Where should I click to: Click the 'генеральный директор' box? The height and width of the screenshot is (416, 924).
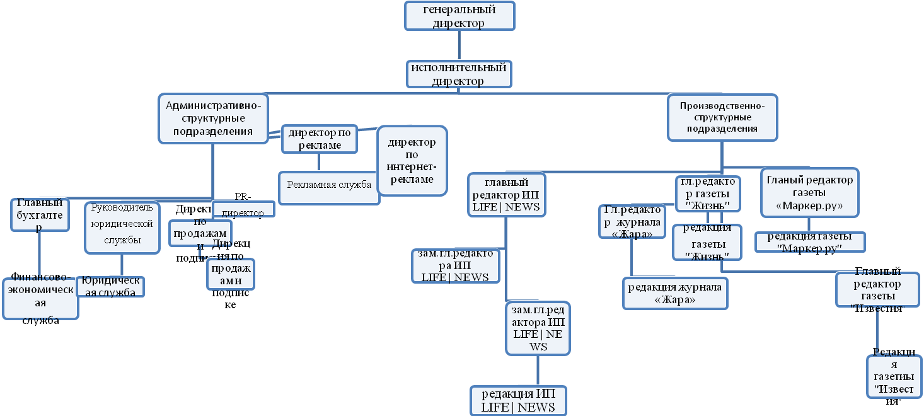pos(459,16)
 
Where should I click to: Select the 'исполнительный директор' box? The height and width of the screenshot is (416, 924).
pos(458,74)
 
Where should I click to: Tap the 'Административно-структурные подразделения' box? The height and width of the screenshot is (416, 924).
pos(212,118)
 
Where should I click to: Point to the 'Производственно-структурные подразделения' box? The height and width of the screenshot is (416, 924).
pos(722,117)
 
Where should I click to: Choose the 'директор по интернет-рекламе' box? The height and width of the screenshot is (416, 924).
pos(412,161)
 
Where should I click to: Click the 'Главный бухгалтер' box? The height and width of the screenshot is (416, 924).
pos(40,214)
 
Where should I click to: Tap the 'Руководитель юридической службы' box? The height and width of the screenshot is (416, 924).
pos(122,227)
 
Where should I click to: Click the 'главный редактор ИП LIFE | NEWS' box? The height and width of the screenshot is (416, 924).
pos(506,195)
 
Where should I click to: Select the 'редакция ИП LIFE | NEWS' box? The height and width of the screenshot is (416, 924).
pos(518,400)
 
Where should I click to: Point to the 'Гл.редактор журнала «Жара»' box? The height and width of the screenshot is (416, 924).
pos(631,221)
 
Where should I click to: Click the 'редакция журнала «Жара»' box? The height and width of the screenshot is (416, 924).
pos(674,293)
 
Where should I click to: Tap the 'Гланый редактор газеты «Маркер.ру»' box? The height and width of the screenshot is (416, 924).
pos(809,193)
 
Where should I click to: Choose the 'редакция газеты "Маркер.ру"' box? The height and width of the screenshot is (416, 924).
pos(809,242)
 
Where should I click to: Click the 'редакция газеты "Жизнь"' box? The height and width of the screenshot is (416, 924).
pos(706,242)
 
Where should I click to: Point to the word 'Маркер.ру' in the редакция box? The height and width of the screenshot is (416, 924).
pos(810,248)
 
